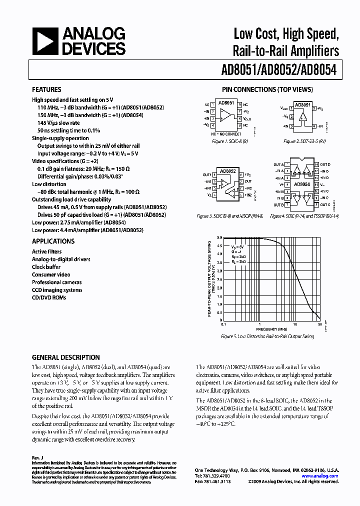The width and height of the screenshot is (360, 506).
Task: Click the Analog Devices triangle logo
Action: pyautogui.click(x=45, y=41)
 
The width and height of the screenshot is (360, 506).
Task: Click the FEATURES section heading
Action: pyautogui.click(x=46, y=90)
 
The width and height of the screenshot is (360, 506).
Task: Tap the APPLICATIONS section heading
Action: pyautogui.click(x=53, y=241)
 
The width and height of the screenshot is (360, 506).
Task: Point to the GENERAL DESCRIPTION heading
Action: pyautogui.click(x=65, y=357)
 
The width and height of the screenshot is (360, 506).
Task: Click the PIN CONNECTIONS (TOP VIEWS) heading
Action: pyautogui.click(x=267, y=90)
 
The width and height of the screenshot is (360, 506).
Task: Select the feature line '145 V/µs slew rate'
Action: pyautogui.click(x=58, y=123)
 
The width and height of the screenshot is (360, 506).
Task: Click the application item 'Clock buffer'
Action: pyautogui.click(x=46, y=267)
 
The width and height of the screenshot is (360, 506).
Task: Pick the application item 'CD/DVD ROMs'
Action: pyautogui.click(x=49, y=297)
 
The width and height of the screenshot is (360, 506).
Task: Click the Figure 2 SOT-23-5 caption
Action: pyautogui.click(x=305, y=141)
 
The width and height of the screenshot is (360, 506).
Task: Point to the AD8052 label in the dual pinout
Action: pyautogui.click(x=226, y=170)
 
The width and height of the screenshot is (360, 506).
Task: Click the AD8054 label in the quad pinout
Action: pyautogui.click(x=301, y=184)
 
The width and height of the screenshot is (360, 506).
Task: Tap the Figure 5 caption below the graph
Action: pyautogui.click(x=267, y=336)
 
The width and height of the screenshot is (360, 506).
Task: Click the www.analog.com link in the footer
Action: pyautogui.click(x=323, y=476)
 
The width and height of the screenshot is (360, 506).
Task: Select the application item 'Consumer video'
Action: pyautogui.click(x=51, y=274)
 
